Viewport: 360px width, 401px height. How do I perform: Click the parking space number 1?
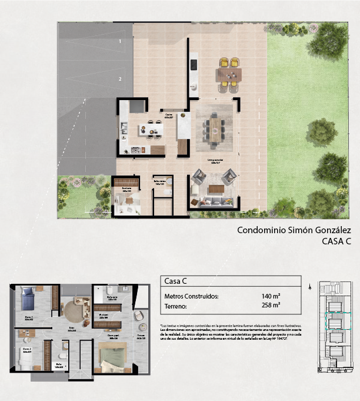(119, 41)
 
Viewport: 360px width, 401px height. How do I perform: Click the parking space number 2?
(119, 78)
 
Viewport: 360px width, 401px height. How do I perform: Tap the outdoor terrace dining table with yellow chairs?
(229, 74)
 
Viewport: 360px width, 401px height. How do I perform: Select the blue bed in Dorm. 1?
(29, 301)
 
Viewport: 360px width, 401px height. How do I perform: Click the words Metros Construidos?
(191, 296)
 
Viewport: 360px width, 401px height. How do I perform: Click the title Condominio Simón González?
(285, 230)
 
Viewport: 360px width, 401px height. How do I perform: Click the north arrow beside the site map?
(310, 287)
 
